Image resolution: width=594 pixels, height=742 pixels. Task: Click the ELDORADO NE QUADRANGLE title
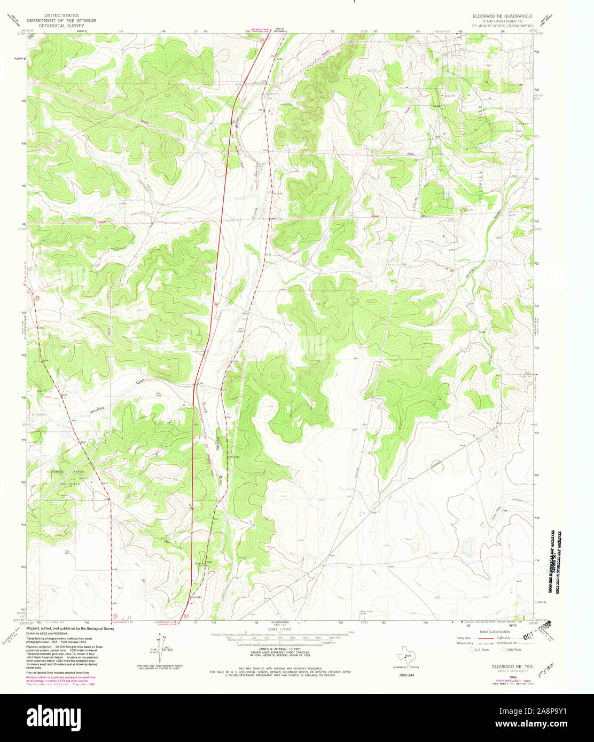click(x=502, y=16)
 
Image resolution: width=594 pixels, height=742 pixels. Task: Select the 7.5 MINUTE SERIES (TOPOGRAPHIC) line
click(x=503, y=26)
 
